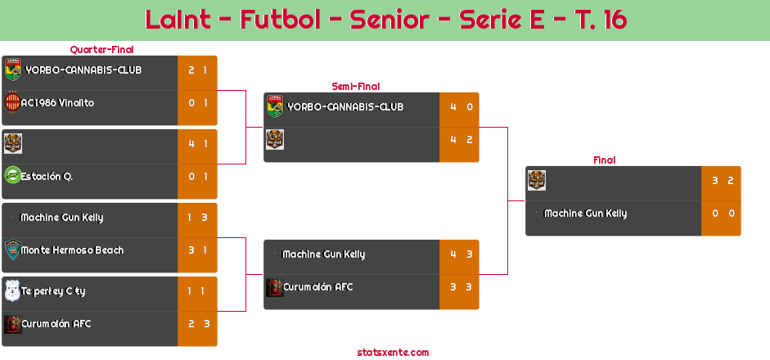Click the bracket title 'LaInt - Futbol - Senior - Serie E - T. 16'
pos(385,20)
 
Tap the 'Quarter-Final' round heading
pos(101,50)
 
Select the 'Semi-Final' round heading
pos(354,86)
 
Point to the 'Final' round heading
pos(603,160)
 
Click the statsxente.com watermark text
pos(393,353)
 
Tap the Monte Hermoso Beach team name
pos(72,250)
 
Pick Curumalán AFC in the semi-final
pos(317,287)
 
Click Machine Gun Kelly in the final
pos(585,214)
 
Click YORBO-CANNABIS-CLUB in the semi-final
pos(345,107)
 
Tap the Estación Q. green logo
pos(12,176)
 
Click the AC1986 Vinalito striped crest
pos(12,102)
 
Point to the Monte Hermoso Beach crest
pos(12,250)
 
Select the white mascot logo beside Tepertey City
pos(12,290)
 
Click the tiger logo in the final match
pos(536,180)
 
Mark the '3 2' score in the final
pos(722,181)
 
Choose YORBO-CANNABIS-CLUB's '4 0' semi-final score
pos(460,107)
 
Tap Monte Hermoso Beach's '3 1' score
pos(198,250)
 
